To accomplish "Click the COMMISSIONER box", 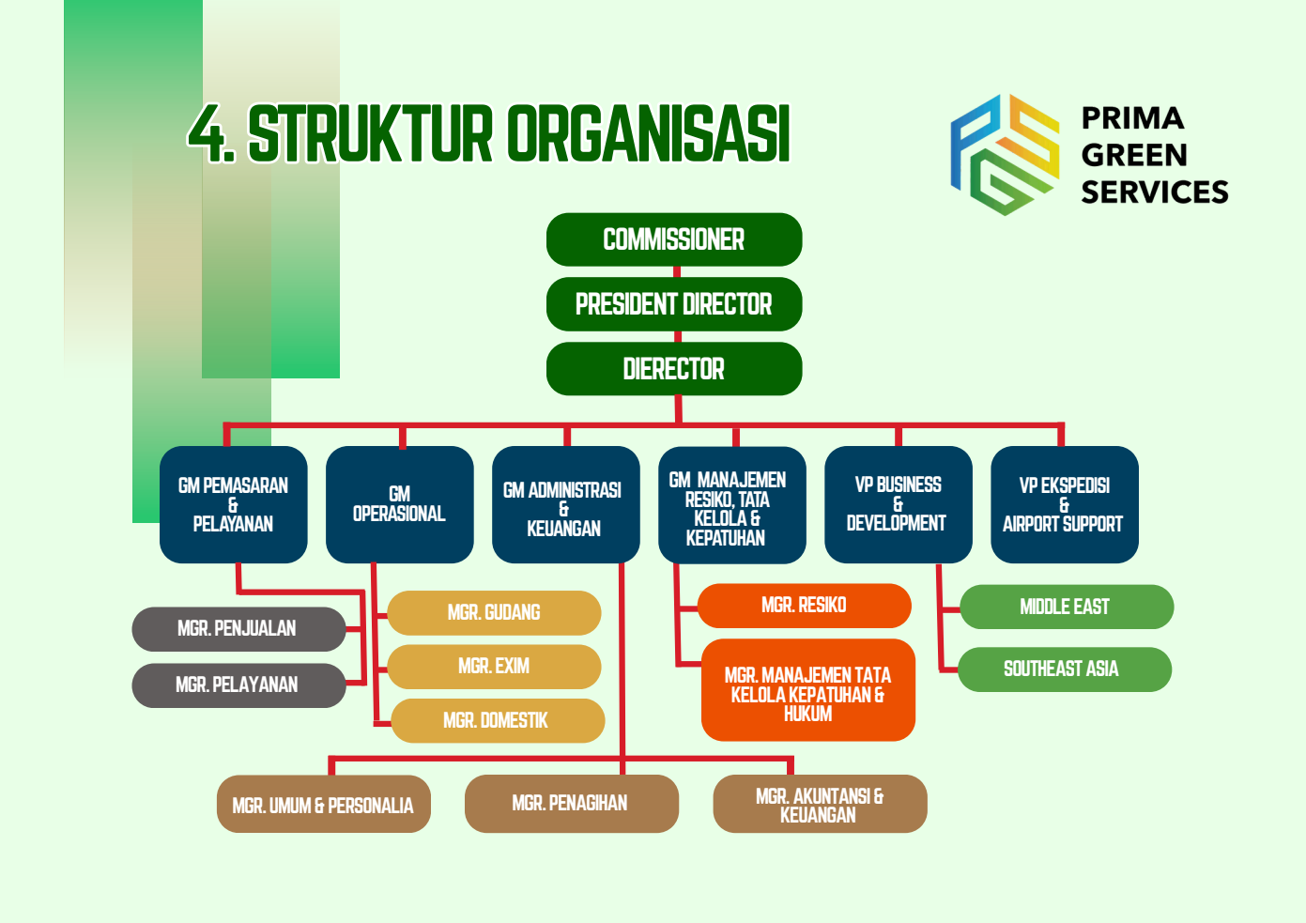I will [674, 239].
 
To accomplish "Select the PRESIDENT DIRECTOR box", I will [674, 304].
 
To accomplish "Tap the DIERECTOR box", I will [674, 369].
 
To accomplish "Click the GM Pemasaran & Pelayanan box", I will [234, 504].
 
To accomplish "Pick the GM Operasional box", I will [400, 504].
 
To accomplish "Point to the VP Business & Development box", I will [898, 504].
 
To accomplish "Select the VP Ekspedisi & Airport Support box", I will [1064, 504].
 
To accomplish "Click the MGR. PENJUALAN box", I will [238, 629].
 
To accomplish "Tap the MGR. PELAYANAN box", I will [238, 685].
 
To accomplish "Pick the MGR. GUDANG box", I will [494, 613].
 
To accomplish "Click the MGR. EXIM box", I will [494, 667].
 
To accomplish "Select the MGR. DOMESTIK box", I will [497, 721].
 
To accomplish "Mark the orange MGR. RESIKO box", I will [805, 606].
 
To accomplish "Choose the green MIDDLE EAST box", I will [1066, 608].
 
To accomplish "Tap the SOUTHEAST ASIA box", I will [1063, 669].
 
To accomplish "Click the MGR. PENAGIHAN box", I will [571, 804].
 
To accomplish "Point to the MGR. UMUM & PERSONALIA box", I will [324, 805].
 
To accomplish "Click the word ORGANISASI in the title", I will [649, 134].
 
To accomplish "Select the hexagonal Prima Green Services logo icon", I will [1005, 155].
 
